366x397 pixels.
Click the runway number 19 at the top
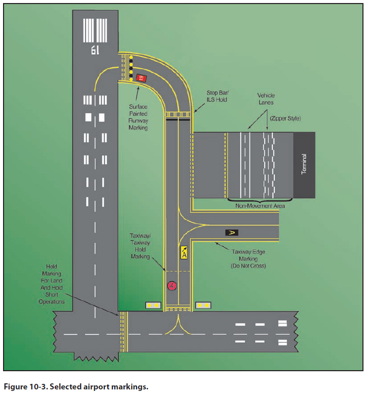click(96, 50)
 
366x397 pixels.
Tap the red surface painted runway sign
click(141, 78)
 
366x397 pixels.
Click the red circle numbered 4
click(172, 286)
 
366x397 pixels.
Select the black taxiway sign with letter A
click(231, 232)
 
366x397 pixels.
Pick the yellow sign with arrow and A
click(184, 252)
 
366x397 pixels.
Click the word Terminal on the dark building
click(304, 164)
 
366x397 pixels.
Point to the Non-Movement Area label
click(260, 206)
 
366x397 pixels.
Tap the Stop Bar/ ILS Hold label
click(217, 96)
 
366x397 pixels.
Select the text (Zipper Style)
click(285, 118)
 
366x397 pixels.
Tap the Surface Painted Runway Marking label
click(137, 117)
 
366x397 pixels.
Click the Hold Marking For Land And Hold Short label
click(52, 283)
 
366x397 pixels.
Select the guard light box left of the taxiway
click(153, 305)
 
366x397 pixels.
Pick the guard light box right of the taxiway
click(203, 305)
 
